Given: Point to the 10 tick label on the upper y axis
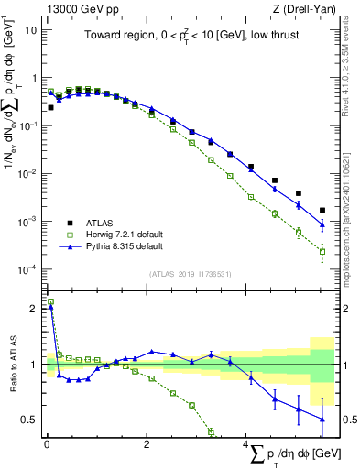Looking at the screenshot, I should [x=31, y=30].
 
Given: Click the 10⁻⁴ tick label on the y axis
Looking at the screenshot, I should [x=27, y=269].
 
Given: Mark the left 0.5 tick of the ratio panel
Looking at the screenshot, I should [x=32, y=420].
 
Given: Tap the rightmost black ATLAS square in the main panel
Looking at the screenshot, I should [x=322, y=210].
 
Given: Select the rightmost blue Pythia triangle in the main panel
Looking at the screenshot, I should [x=322, y=224].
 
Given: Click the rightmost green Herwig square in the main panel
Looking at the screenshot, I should [x=322, y=251].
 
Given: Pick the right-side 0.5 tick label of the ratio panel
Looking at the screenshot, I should [x=347, y=420].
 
